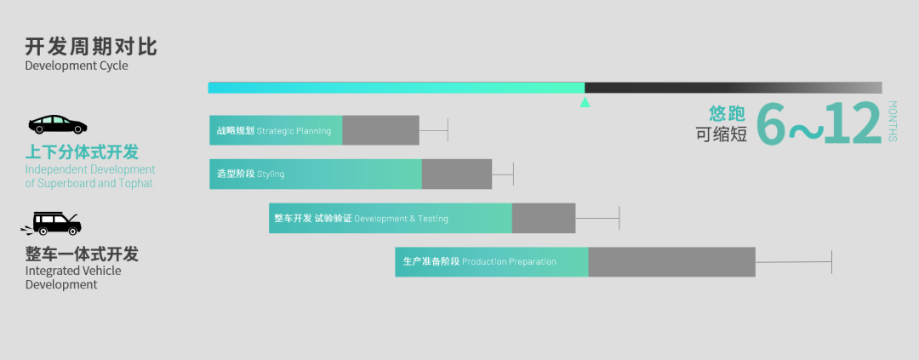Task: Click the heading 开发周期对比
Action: point(91,46)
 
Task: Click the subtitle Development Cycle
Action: point(77,66)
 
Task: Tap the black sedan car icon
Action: point(58,124)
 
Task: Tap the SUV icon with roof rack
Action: point(52,224)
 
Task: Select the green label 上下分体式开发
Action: point(82,152)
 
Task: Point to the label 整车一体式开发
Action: point(82,254)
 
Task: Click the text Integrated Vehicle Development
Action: point(73,277)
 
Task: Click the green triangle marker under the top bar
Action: point(585,102)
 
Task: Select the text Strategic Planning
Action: point(294,131)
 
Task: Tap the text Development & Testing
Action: point(401,219)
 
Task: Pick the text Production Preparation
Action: point(509,262)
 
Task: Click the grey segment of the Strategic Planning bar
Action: point(380,130)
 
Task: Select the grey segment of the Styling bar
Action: point(456,174)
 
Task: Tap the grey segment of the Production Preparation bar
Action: point(671,262)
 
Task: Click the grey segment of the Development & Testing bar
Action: point(543,219)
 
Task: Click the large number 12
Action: point(852,126)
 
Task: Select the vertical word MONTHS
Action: point(892,121)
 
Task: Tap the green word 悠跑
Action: point(728,113)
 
